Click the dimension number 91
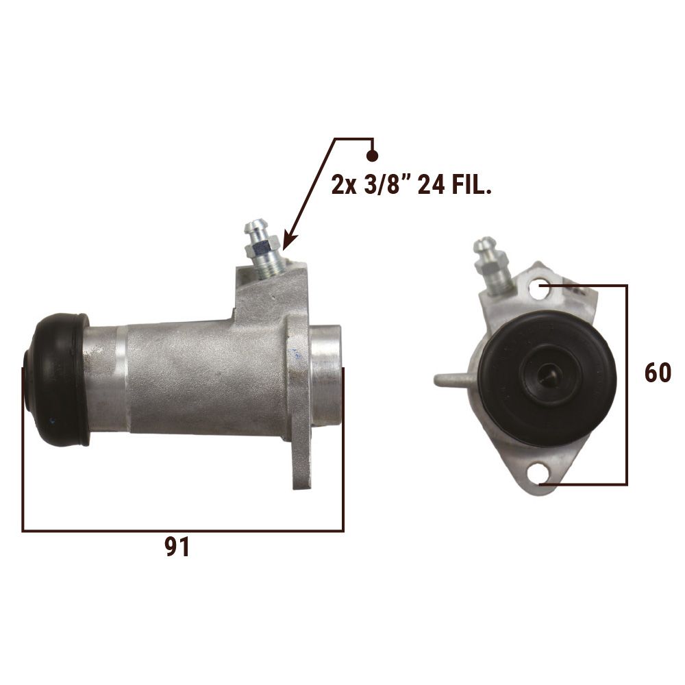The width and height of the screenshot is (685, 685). pos(177,547)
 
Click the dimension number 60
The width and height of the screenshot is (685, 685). pos(658,373)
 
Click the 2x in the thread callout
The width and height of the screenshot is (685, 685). pos(345,186)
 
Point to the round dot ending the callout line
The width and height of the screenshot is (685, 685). pos(372,155)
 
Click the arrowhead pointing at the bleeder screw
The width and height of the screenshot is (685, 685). pos(290,242)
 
